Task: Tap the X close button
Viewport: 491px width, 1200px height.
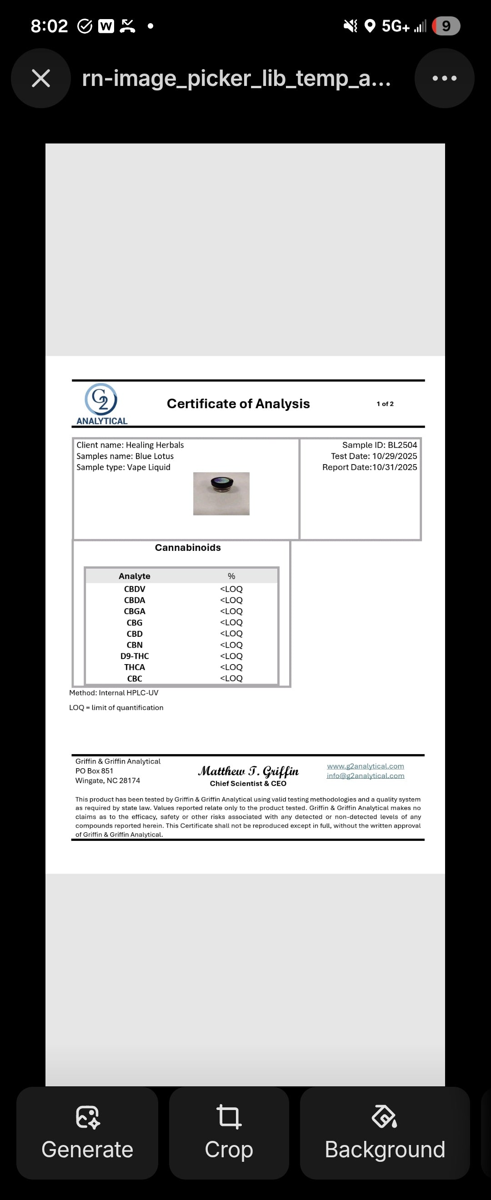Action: [40, 78]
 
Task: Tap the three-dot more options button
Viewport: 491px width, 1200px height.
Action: [445, 78]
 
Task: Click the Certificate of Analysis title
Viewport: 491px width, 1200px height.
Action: [238, 404]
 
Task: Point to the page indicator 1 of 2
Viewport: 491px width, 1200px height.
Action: [385, 404]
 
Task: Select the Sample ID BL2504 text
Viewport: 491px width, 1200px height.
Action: [379, 445]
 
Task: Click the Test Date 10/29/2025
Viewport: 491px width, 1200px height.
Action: [374, 456]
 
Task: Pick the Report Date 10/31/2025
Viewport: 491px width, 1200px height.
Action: [370, 467]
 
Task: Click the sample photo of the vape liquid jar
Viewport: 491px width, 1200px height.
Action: [221, 493]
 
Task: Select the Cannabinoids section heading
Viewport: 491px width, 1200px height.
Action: [188, 547]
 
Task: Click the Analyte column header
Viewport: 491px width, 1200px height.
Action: [134, 576]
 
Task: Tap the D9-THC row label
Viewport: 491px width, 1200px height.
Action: [134, 656]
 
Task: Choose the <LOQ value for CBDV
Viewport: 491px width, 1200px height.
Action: [231, 589]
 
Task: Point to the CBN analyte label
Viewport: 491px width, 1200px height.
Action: [134, 645]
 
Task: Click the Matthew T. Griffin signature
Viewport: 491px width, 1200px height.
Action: [248, 771]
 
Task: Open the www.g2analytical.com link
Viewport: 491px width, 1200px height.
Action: [365, 766]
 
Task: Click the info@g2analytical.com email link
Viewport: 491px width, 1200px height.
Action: [365, 775]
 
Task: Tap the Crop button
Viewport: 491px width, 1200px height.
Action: [229, 1133]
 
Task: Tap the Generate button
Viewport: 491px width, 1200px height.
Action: [87, 1133]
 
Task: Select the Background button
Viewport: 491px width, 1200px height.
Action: [385, 1133]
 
